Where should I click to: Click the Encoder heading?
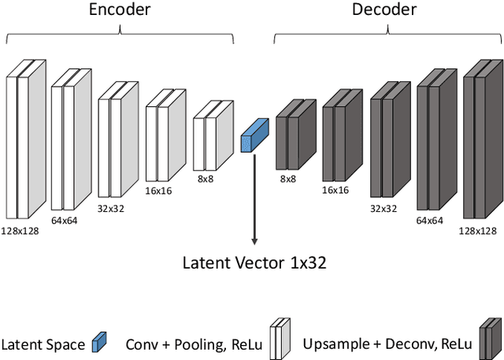[120, 11]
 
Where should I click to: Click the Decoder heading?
[385, 11]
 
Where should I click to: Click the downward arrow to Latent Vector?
[254, 197]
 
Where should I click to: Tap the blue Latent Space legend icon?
[99, 342]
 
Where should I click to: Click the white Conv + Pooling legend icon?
[280, 339]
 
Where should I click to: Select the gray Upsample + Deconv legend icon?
[490, 339]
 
